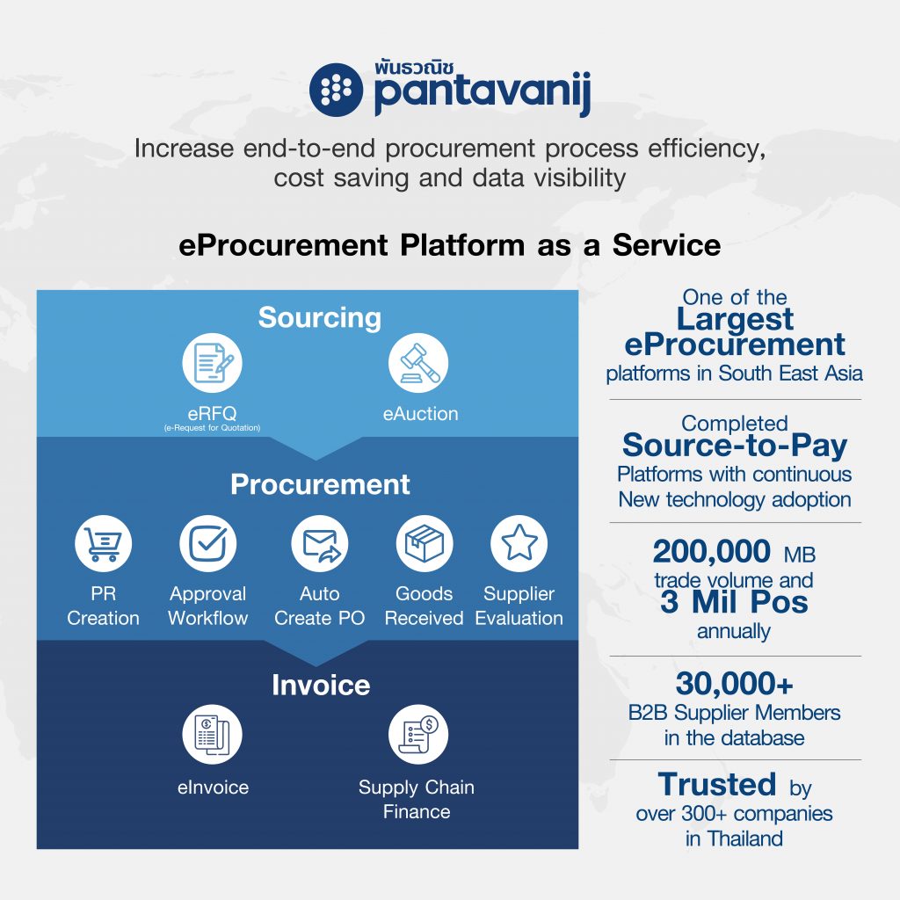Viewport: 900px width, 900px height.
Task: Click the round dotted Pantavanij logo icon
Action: (337, 90)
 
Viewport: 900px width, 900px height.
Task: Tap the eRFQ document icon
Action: (213, 363)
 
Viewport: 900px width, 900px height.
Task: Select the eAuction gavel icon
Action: (418, 363)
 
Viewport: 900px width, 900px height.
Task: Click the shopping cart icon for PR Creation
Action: (104, 543)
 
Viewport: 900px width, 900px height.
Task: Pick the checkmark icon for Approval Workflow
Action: (207, 543)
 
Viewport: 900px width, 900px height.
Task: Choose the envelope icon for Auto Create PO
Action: (320, 543)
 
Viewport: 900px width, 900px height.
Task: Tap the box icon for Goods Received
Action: (425, 543)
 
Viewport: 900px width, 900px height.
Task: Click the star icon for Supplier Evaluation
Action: (519, 543)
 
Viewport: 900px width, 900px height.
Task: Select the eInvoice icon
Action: (213, 734)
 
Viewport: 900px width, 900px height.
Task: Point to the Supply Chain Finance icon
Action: (418, 734)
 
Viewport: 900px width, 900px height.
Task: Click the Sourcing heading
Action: (320, 317)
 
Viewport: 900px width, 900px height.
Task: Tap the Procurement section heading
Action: (320, 484)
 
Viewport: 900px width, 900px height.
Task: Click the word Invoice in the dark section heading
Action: (321, 685)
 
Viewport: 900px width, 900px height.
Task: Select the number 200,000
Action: (712, 552)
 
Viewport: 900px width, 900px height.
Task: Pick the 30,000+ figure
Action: (735, 684)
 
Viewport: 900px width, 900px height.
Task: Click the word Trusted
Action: (717, 784)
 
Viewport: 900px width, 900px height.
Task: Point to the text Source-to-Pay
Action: (735, 446)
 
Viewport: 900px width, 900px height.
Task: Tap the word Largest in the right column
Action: (736, 319)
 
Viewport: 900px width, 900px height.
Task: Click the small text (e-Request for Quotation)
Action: (213, 428)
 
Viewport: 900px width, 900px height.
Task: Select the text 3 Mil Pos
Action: (734, 602)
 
